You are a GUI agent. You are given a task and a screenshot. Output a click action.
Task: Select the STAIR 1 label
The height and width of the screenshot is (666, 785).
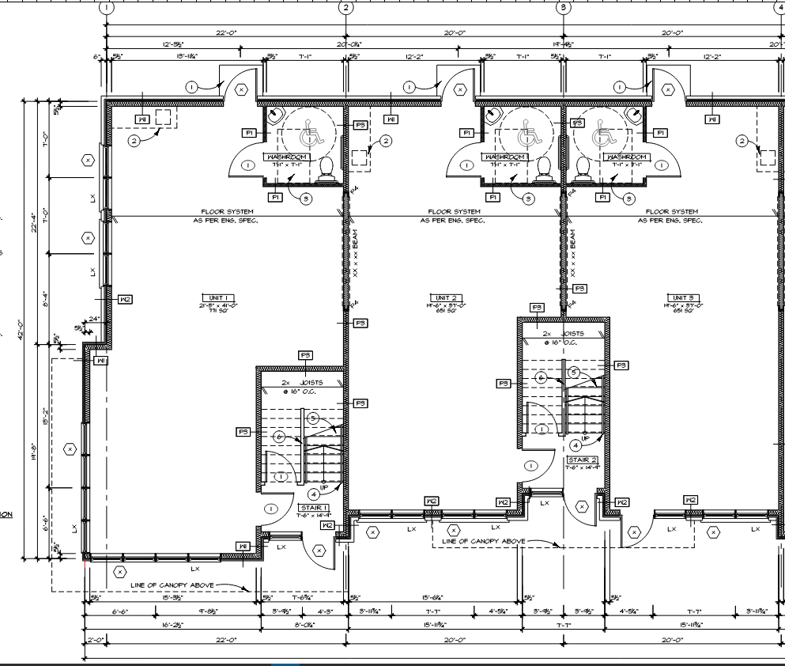pos(313,508)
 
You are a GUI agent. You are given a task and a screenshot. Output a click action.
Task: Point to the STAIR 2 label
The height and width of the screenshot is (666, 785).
pos(582,460)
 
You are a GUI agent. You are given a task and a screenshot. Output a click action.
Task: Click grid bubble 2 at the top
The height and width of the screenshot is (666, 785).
pos(345,8)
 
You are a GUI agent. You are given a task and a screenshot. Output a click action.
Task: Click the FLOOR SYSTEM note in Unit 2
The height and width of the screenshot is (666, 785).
pos(453,212)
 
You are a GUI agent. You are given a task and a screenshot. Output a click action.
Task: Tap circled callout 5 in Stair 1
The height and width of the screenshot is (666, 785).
pos(314,418)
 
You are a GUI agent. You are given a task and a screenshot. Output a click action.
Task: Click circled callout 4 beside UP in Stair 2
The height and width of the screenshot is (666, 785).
pos(576,445)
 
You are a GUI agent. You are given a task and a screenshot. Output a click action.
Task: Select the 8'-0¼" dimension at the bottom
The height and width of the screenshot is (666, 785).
pos(304,624)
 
